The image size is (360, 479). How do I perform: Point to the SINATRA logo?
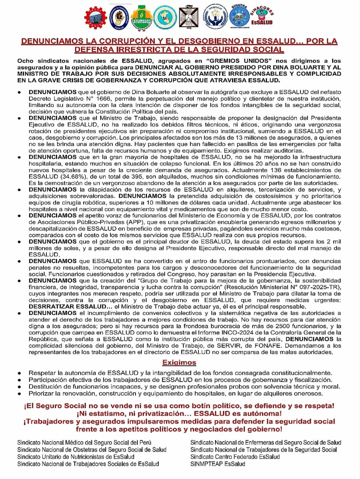click(x=239, y=16)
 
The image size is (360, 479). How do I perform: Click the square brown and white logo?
click(x=189, y=17)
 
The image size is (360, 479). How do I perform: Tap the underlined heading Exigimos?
click(x=179, y=362)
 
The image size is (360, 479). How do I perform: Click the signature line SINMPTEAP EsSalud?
click(x=218, y=464)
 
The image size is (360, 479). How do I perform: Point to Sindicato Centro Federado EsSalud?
click(x=235, y=457)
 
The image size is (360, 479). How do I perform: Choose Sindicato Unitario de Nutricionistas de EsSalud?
click(x=76, y=457)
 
